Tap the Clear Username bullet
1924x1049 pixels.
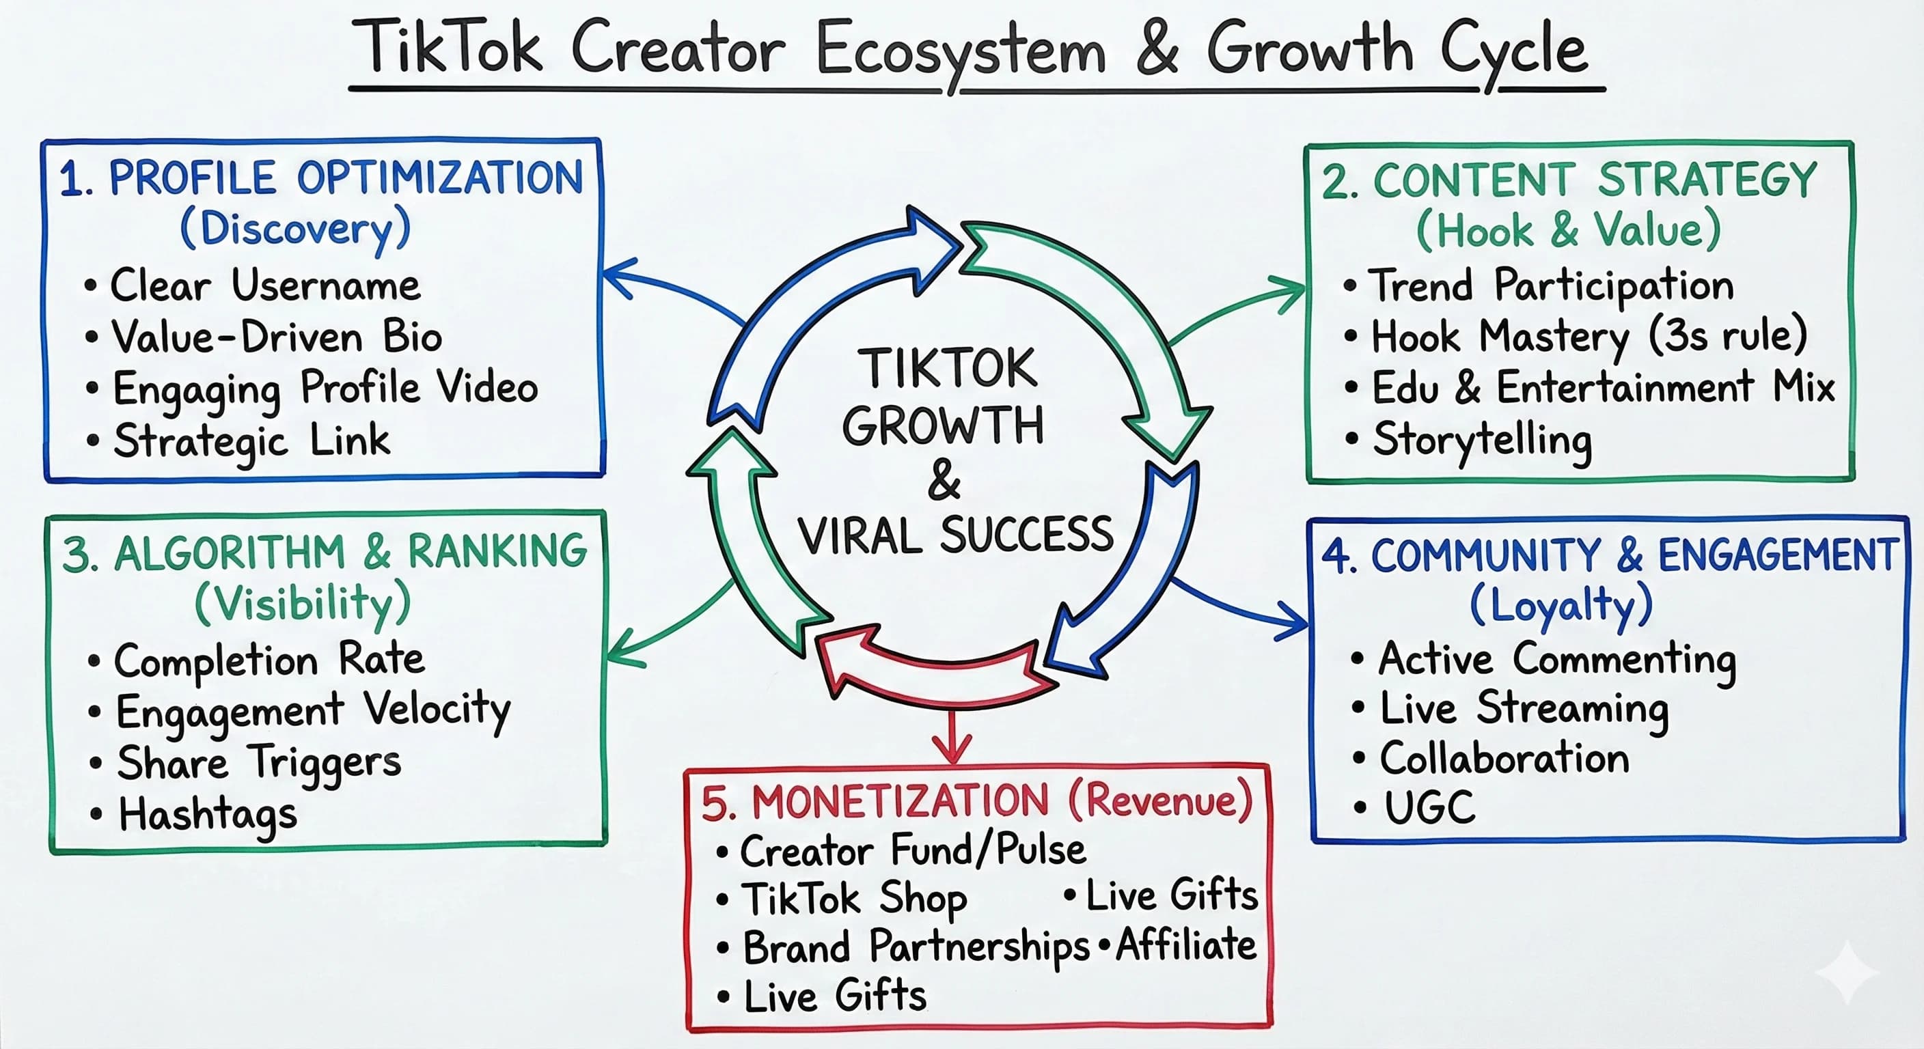[265, 285]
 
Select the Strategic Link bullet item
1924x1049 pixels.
[251, 440]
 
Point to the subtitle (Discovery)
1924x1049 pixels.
[295, 229]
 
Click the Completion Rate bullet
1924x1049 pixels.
[269, 660]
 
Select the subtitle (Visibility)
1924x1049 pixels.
[303, 603]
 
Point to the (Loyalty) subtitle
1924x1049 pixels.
[1561, 605]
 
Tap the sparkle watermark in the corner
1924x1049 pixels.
[1845, 971]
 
